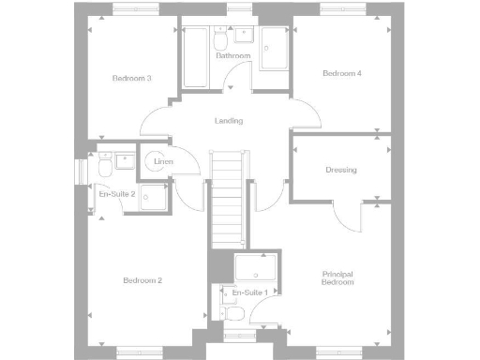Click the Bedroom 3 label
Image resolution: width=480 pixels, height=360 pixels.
[x=131, y=78]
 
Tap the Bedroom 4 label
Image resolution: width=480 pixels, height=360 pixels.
[x=341, y=73]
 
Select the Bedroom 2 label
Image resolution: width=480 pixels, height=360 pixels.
[x=142, y=280]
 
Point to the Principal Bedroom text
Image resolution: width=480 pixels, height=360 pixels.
[x=337, y=277]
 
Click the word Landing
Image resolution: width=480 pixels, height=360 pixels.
[x=228, y=121]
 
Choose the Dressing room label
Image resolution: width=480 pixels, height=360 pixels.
[x=340, y=170]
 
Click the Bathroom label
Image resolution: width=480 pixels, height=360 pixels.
[x=233, y=56]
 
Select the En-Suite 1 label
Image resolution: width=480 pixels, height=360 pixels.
[x=249, y=292]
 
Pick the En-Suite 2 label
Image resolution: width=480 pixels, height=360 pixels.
[x=118, y=194]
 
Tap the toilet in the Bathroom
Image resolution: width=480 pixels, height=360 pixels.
[x=220, y=42]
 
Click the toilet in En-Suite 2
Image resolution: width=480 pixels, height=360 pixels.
[x=103, y=166]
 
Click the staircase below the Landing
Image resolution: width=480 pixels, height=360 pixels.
[x=227, y=197]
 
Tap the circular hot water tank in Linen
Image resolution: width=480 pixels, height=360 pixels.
[x=156, y=161]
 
